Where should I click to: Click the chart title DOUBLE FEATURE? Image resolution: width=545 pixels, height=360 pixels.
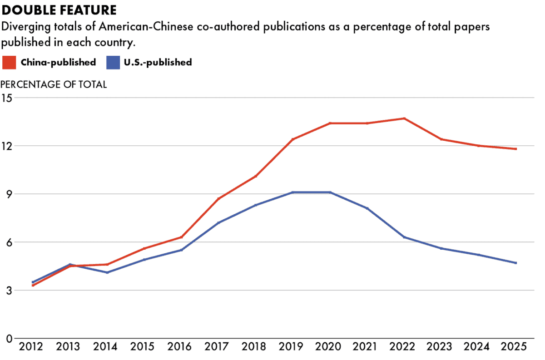[x=59, y=9]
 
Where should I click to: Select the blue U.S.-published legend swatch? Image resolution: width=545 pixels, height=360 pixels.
[x=113, y=62]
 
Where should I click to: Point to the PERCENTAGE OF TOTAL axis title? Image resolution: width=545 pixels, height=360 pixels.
[x=54, y=84]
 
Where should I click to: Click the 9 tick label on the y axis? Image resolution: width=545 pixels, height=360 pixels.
[x=9, y=194]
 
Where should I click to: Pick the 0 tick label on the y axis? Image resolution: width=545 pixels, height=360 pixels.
[x=9, y=338]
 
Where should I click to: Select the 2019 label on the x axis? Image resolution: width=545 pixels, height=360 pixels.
[x=293, y=348]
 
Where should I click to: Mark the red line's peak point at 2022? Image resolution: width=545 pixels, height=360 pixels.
[x=404, y=118]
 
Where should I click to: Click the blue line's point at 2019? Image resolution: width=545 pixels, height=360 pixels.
[x=293, y=192]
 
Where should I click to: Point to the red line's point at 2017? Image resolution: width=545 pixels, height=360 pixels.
[x=219, y=198]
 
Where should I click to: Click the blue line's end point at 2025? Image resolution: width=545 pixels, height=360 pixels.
[x=516, y=263]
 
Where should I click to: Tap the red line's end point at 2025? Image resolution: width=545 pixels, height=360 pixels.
[x=516, y=149]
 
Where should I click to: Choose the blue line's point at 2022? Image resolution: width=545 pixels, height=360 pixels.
[x=404, y=237]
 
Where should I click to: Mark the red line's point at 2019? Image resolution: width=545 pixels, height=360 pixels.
[x=293, y=139]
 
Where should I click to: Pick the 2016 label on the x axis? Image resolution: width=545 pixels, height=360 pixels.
[x=182, y=348]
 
